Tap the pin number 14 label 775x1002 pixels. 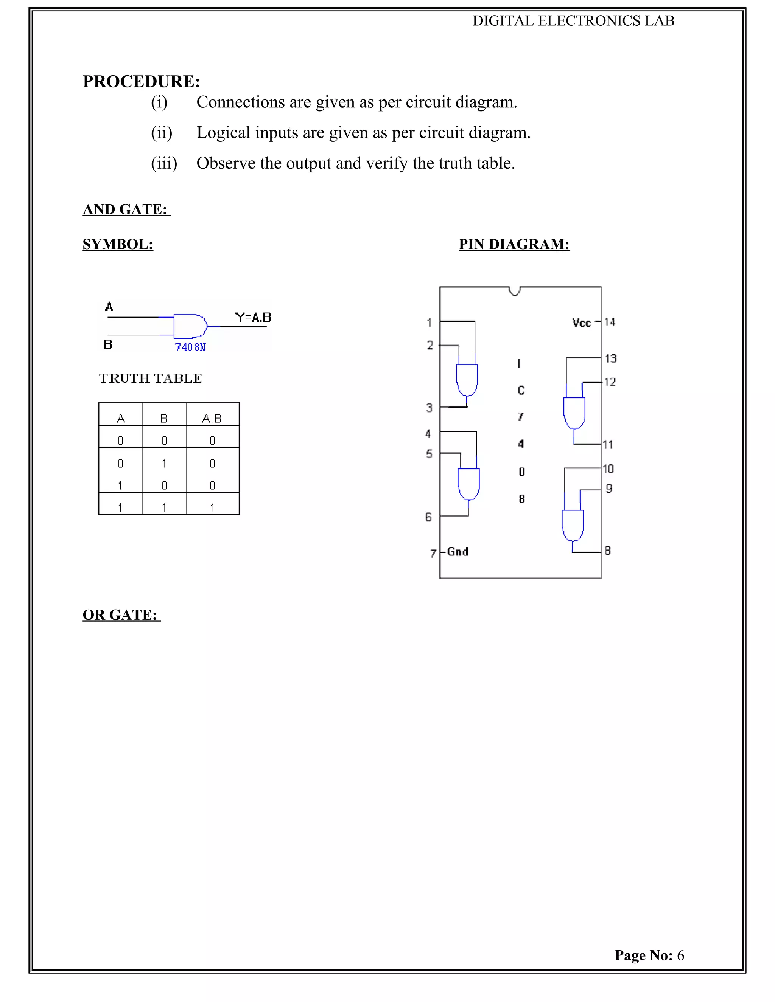(610, 322)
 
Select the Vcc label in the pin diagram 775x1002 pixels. (581, 323)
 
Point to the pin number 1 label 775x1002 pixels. (429, 323)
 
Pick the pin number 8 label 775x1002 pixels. (607, 551)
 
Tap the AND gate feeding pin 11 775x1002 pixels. (574, 413)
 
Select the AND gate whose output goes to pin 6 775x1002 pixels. (468, 484)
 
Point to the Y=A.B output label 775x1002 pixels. (253, 318)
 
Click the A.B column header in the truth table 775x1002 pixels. (212, 419)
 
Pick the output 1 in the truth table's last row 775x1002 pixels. (212, 507)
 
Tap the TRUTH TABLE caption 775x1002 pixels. (151, 378)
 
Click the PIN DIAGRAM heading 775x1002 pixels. (514, 244)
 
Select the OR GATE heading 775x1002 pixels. (120, 615)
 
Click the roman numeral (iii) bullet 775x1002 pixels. (164, 163)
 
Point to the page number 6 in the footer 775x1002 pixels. (680, 955)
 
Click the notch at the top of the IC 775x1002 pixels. (515, 291)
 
